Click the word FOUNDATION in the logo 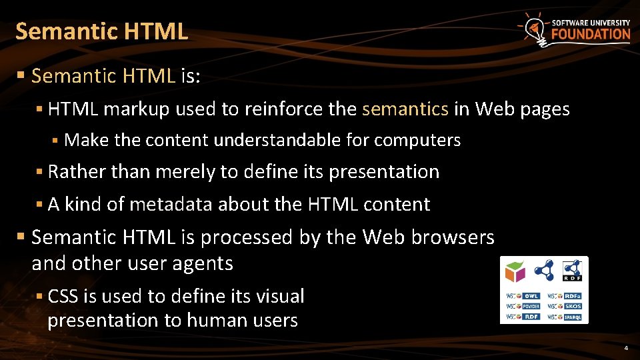click(590, 34)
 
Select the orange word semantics click(405, 109)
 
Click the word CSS click(63, 296)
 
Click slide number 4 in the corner click(626, 349)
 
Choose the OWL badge click(523, 296)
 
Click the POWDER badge click(523, 307)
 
